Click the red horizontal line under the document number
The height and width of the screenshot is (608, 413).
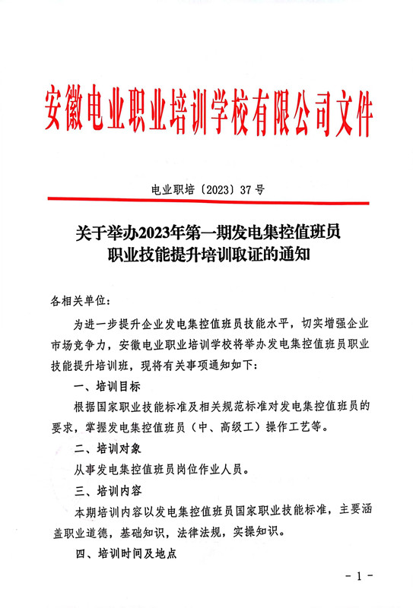click(x=206, y=201)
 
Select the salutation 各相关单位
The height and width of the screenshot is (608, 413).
click(x=81, y=302)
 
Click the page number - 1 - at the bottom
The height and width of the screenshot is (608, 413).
click(x=357, y=576)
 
